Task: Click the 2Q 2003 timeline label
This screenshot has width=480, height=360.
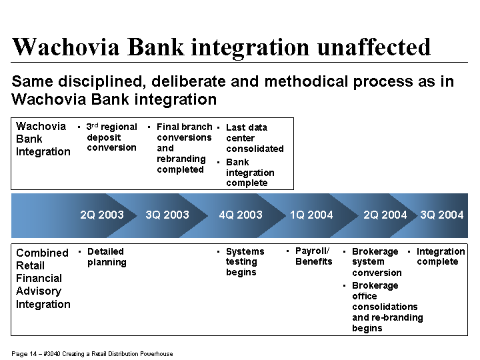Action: coord(102,215)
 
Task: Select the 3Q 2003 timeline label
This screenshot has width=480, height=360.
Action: coord(167,215)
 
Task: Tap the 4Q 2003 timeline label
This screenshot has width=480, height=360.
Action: coord(241,215)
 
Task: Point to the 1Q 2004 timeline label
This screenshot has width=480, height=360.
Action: coord(311,215)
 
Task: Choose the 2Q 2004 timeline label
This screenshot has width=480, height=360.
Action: coord(385,215)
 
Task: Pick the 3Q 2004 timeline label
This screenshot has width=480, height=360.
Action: coord(442,215)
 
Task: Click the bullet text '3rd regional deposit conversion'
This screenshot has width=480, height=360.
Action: coord(112,137)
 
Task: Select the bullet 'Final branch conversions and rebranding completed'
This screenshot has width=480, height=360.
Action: coord(184,148)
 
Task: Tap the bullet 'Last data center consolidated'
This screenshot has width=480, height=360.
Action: coord(255,138)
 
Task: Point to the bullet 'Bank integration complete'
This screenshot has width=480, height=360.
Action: coord(250,173)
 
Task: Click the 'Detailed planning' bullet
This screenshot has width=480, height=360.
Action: coord(107,257)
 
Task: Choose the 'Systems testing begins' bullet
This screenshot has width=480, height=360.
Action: coord(245,262)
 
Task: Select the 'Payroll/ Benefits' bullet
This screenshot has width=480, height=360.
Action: coord(314,256)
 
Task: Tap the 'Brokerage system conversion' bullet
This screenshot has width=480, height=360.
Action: coord(377,262)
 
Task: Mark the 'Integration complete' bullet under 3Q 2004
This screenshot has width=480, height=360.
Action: coord(441,257)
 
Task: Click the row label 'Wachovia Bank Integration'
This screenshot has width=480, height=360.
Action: coord(43,139)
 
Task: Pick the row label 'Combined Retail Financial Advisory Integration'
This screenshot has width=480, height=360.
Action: coord(43,279)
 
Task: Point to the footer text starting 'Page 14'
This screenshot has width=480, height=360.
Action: coord(92,354)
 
